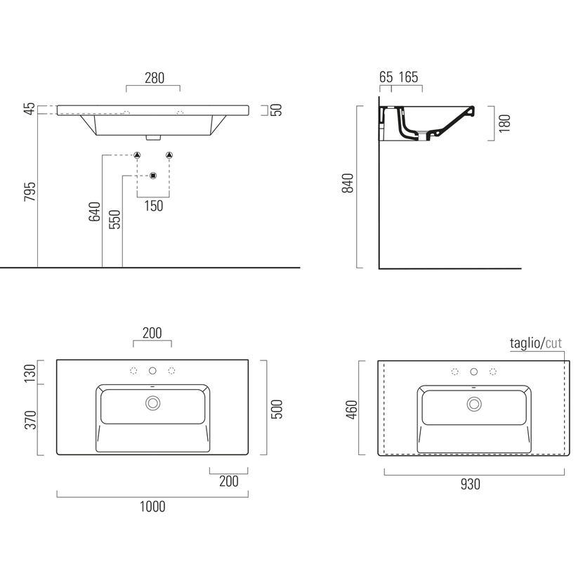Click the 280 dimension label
[155, 78]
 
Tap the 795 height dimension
[30, 192]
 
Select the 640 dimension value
[94, 211]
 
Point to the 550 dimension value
[115, 219]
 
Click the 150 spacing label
[154, 206]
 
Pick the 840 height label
[348, 183]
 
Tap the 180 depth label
[504, 124]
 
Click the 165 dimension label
[408, 77]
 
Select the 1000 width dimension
[152, 506]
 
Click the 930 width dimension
[471, 484]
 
